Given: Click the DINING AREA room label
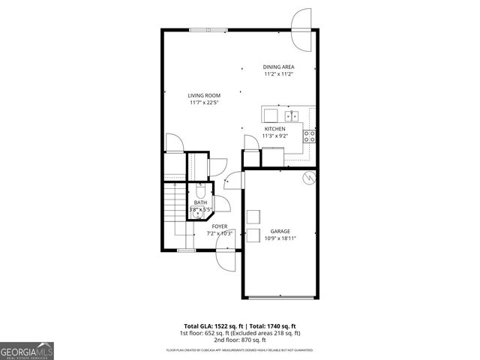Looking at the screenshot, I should point(278,67).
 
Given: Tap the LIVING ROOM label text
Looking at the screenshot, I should point(203,95).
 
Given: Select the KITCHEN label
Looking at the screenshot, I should point(274,129).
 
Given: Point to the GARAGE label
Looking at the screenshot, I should point(280,231).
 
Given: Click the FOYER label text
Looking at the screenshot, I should point(220,226).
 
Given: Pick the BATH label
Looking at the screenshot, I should point(200,202).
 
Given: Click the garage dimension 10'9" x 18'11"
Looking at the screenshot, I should point(280,238).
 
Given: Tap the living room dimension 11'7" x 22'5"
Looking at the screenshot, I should point(203,103).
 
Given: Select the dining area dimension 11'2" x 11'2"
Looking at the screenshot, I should point(278,74).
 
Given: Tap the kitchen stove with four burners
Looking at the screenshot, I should point(309,135).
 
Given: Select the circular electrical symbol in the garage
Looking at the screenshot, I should point(307,178).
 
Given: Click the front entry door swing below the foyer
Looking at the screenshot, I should point(224,259).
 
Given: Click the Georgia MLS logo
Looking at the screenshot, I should point(27,350).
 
